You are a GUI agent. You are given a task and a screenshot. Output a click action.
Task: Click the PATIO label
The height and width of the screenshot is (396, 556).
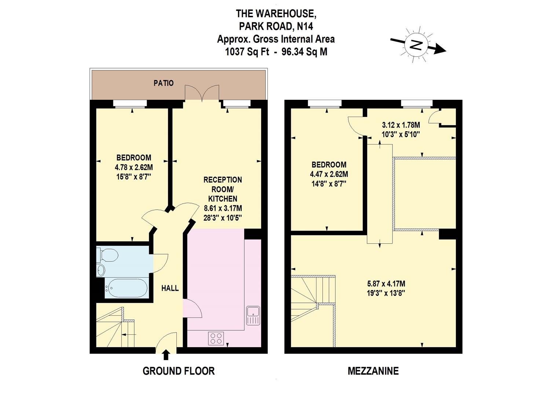click(x=164, y=83)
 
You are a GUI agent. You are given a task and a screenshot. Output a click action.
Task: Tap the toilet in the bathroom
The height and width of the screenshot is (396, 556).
click(x=109, y=254)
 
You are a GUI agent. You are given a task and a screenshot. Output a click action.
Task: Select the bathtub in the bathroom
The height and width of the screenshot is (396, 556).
click(x=127, y=287)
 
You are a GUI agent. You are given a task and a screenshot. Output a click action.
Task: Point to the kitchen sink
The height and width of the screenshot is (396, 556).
click(x=253, y=315)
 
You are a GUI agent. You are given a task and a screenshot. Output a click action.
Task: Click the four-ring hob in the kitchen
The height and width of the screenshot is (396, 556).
click(x=216, y=338)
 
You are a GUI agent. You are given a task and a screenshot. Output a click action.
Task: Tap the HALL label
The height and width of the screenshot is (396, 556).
click(x=170, y=288)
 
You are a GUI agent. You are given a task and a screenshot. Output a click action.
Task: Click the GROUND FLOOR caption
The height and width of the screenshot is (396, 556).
click(x=179, y=371)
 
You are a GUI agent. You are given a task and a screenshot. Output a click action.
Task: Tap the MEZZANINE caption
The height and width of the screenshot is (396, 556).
click(x=373, y=371)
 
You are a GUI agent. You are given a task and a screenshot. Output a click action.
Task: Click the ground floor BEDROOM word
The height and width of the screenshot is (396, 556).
click(x=133, y=158)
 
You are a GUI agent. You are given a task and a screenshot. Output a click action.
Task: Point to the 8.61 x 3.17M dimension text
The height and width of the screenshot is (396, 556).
click(x=223, y=208)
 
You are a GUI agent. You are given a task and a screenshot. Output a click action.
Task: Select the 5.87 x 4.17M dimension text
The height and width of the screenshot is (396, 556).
click(x=386, y=284)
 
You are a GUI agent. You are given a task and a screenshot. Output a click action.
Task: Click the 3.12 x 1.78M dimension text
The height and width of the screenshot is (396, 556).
click(x=401, y=125)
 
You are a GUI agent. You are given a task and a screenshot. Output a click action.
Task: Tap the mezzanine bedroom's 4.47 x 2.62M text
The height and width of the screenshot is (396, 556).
click(x=329, y=174)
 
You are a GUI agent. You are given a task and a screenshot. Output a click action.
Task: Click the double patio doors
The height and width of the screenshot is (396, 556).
click(x=202, y=93)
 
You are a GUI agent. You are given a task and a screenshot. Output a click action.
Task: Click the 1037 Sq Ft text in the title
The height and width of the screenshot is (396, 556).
click(x=247, y=52)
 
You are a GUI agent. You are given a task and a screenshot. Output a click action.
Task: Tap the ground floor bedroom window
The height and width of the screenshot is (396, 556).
click(x=130, y=104)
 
